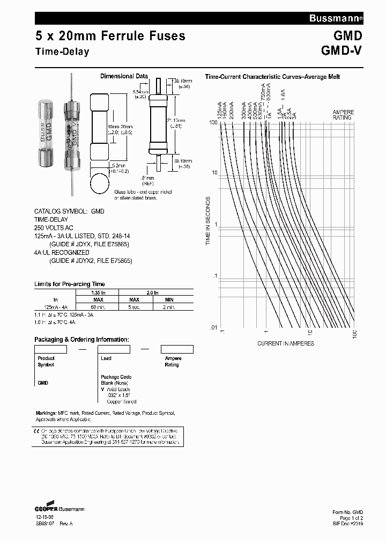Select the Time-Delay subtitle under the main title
(62, 52)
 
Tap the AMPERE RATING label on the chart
(343, 115)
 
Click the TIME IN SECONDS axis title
(209, 221)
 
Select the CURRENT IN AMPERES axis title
(286, 343)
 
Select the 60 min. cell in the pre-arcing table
(98, 306)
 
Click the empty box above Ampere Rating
(177, 349)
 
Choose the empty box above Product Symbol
(50, 349)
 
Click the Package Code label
(116, 377)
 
